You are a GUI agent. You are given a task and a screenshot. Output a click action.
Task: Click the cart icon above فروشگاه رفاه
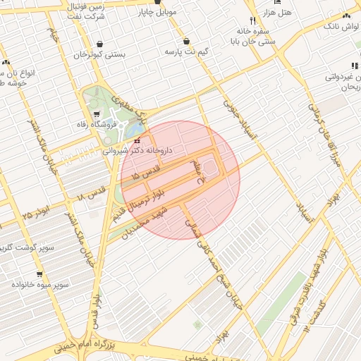97,113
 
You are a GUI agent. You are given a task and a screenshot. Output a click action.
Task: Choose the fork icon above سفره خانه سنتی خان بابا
252,21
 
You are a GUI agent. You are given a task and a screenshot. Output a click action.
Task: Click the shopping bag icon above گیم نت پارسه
186,41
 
